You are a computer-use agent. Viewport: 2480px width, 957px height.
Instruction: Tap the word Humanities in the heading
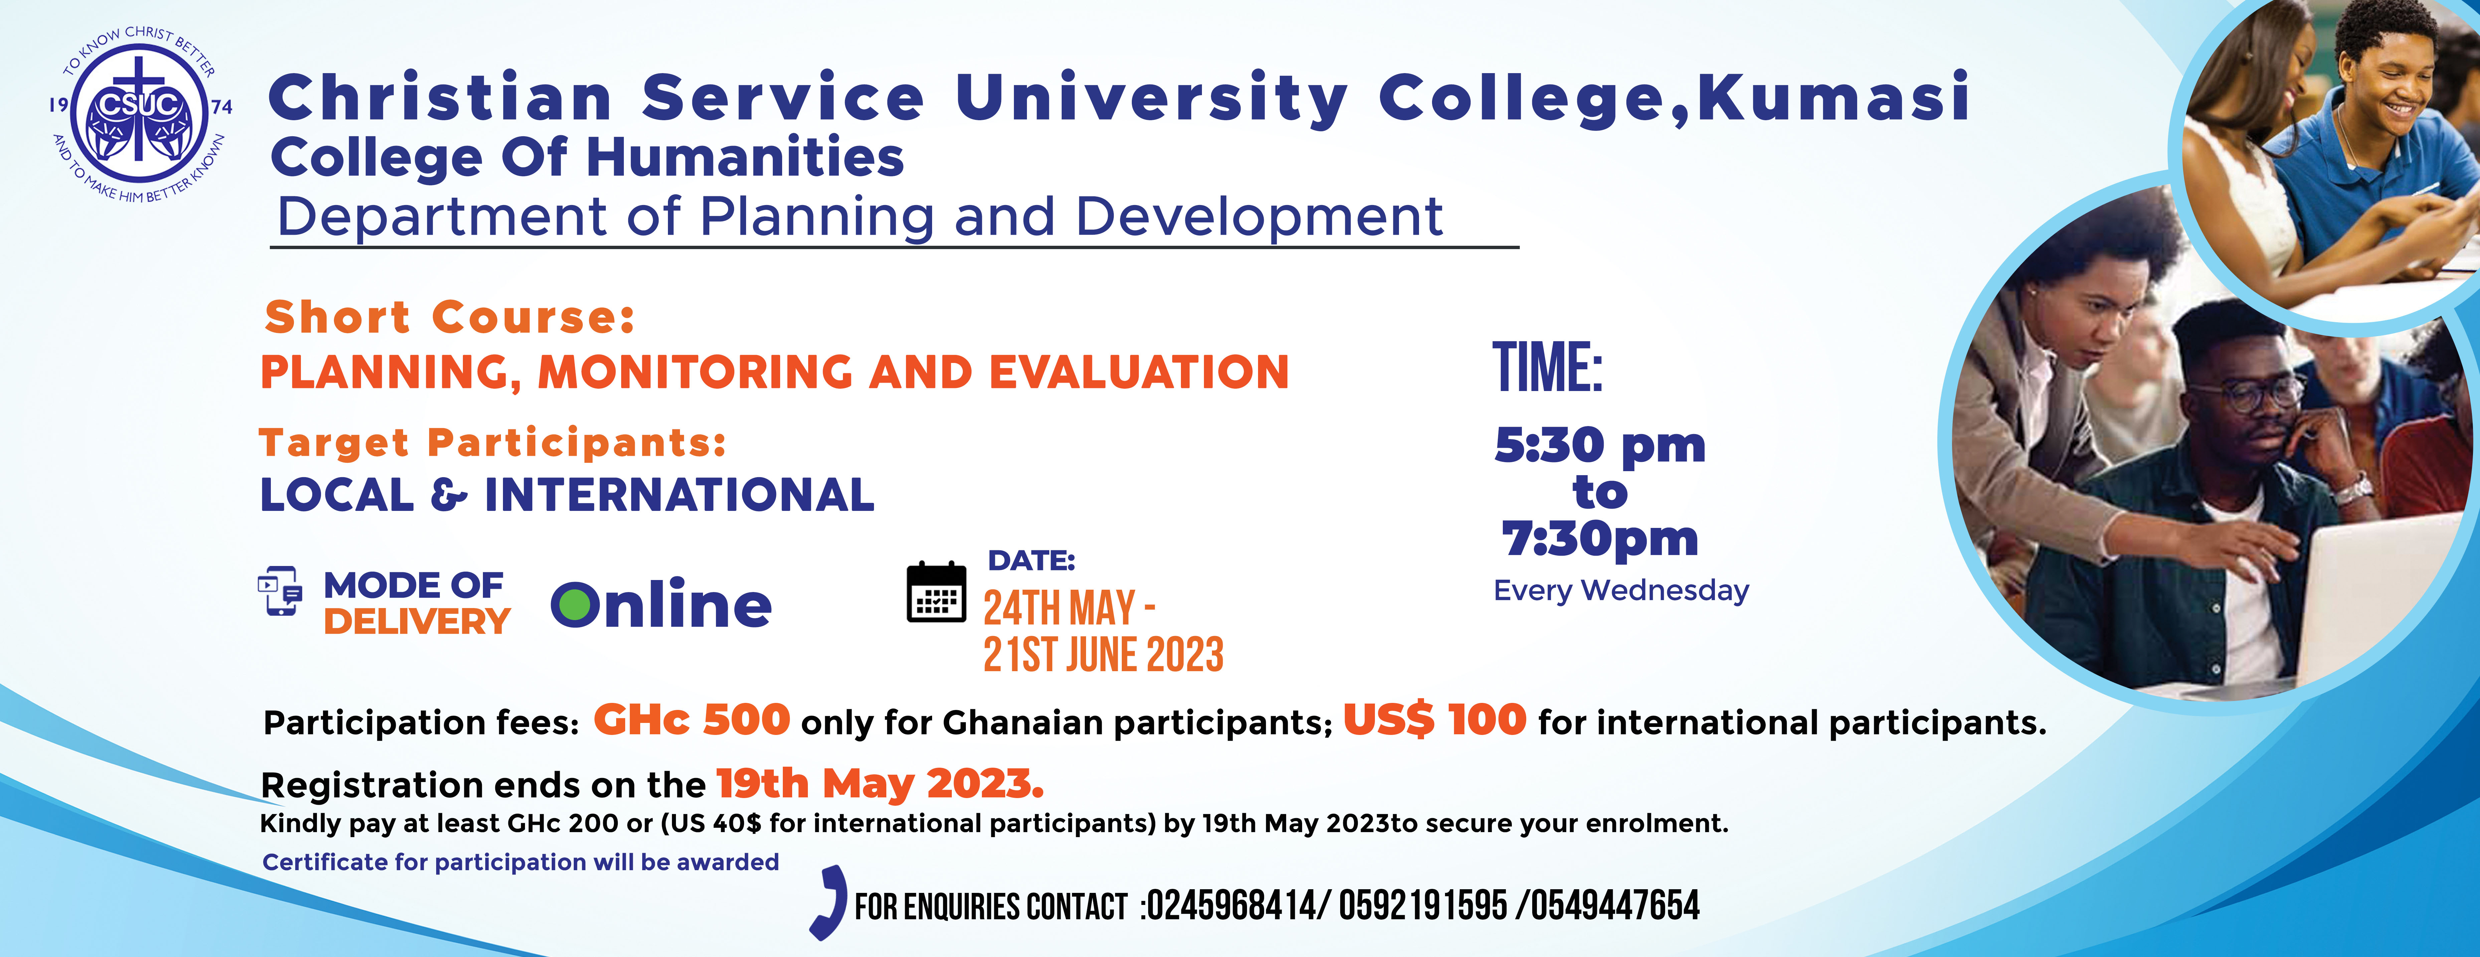pyautogui.click(x=745, y=158)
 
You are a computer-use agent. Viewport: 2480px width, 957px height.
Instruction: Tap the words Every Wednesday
pyautogui.click(x=1621, y=590)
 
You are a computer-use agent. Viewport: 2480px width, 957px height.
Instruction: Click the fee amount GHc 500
pyautogui.click(x=691, y=720)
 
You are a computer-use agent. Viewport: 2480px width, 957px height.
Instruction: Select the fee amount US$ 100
pyautogui.click(x=1434, y=720)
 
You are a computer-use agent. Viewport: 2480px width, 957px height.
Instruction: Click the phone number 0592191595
pyautogui.click(x=1423, y=906)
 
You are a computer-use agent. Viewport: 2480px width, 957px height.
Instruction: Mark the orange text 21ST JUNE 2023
pyautogui.click(x=1103, y=655)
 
